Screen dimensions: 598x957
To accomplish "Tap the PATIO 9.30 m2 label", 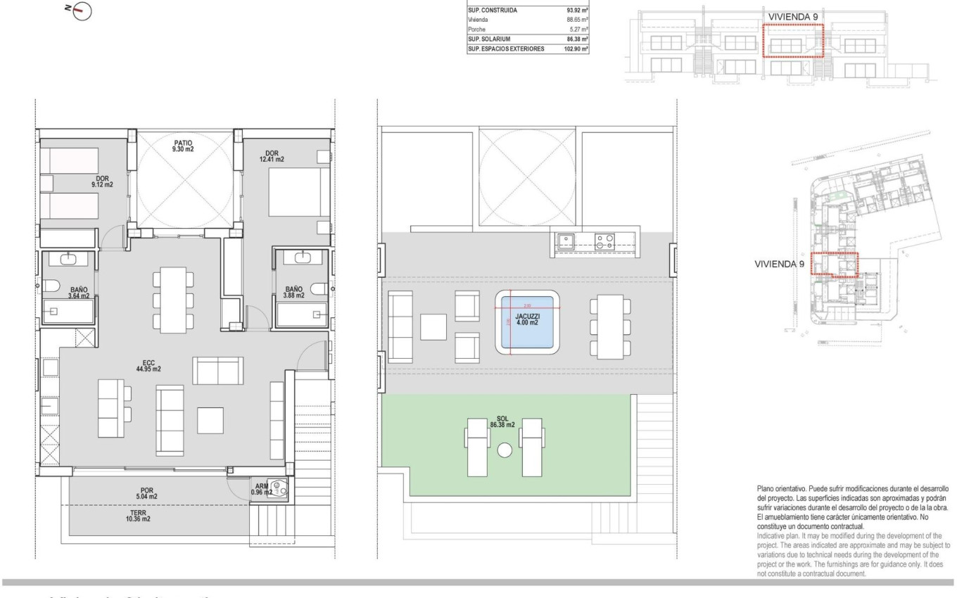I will click(183, 146).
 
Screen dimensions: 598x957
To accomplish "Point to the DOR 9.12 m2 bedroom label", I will click(103, 182).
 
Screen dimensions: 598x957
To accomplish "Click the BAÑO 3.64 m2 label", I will click(78, 293).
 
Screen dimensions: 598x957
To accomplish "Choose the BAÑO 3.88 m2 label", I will click(294, 292).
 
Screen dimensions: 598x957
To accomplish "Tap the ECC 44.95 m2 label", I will click(148, 365).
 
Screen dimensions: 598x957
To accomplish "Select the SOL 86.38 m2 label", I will click(502, 421).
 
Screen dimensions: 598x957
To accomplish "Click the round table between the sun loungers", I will click(504, 451).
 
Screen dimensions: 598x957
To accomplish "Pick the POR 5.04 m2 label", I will click(148, 492).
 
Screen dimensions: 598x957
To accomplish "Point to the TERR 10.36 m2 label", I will click(138, 516).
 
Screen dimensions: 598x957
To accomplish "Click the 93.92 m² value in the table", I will click(577, 11).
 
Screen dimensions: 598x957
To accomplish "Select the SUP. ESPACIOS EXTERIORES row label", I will click(506, 49).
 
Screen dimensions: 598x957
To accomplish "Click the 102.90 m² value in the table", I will click(575, 49).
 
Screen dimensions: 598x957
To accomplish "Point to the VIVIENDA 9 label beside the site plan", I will click(779, 265).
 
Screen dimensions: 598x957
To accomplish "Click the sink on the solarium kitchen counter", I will click(566, 241).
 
